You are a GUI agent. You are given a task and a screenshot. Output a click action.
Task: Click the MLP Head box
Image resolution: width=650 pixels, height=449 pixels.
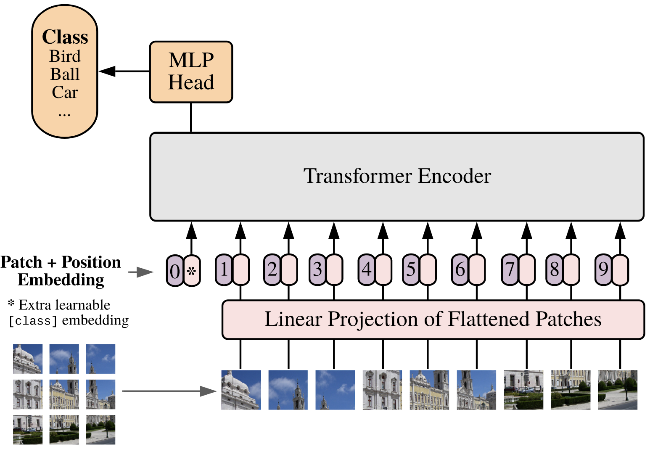pos(191,72)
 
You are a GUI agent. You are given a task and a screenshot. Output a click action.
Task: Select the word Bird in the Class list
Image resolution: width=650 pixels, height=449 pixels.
pos(65,56)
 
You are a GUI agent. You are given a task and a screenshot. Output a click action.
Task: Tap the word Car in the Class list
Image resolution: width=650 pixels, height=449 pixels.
pos(65,92)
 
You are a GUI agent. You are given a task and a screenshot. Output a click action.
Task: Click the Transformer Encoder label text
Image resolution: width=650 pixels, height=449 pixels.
pos(397,176)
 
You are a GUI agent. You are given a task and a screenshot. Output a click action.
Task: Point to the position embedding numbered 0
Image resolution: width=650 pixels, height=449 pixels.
pos(175,271)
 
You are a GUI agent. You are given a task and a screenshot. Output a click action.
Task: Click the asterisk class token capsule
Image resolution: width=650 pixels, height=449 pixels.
pos(192,271)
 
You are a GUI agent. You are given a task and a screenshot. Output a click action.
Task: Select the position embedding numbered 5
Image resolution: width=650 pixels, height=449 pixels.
pos(411,269)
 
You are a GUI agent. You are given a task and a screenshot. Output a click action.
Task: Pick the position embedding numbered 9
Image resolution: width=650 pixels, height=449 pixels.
pos(603,269)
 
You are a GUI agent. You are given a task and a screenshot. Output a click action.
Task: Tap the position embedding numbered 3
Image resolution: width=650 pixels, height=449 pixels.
pos(317,269)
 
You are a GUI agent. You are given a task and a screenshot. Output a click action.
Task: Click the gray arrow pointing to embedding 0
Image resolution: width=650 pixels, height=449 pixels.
pos(141,272)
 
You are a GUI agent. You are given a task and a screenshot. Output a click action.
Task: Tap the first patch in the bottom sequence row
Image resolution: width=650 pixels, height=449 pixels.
pos(241,390)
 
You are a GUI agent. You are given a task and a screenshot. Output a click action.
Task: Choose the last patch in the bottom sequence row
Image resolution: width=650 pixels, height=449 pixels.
pos(618,390)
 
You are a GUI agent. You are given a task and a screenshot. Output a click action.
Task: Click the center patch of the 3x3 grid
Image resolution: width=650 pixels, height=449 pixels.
pos(64,394)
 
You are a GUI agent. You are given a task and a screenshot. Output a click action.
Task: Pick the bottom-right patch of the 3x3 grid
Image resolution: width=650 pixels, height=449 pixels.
pos(100,430)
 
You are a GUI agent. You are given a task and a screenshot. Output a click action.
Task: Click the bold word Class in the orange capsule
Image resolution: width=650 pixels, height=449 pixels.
pos(65,37)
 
